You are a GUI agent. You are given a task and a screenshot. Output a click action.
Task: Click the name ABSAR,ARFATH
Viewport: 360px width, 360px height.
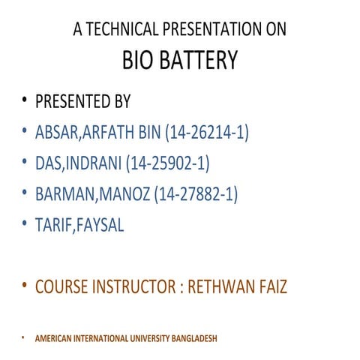pyautogui.click(x=82, y=133)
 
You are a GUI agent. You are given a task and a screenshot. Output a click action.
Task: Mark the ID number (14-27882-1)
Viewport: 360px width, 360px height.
pyautogui.click(x=195, y=194)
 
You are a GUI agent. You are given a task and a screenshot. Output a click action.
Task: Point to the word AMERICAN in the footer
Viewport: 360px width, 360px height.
pyautogui.click(x=53, y=338)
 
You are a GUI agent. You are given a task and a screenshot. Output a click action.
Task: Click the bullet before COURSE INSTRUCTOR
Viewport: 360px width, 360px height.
pyautogui.click(x=25, y=285)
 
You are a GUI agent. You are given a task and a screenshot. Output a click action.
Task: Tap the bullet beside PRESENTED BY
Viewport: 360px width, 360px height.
pyautogui.click(x=25, y=101)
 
